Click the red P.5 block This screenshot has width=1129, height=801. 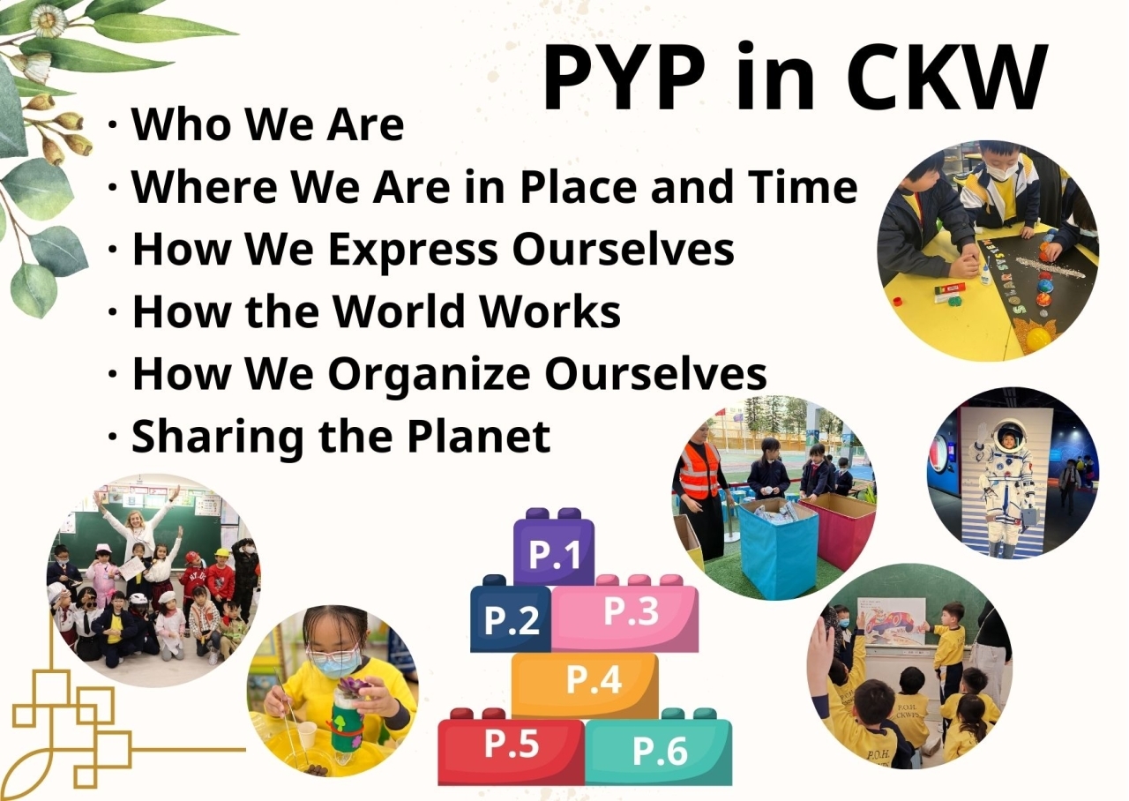[511, 746]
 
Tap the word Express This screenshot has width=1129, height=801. [413, 251]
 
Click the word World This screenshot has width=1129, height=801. [398, 311]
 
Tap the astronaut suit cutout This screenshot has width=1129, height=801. [1007, 484]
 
